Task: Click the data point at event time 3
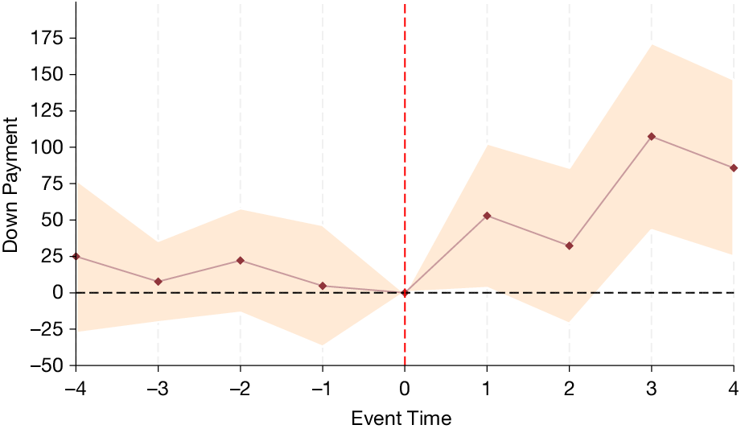652,137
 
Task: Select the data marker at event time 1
487,216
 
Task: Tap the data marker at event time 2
570,245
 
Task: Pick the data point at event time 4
733,168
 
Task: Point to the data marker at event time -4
76,256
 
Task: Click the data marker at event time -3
158,282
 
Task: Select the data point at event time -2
241,261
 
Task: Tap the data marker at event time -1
323,286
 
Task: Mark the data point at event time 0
405,293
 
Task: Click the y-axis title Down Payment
10,184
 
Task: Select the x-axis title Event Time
401,419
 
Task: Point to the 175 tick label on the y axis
47,38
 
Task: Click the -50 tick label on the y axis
47,365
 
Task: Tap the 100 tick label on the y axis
47,147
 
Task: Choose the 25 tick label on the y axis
53,256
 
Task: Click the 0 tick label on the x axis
405,389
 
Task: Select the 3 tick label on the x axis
652,389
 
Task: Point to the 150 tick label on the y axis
47,75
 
